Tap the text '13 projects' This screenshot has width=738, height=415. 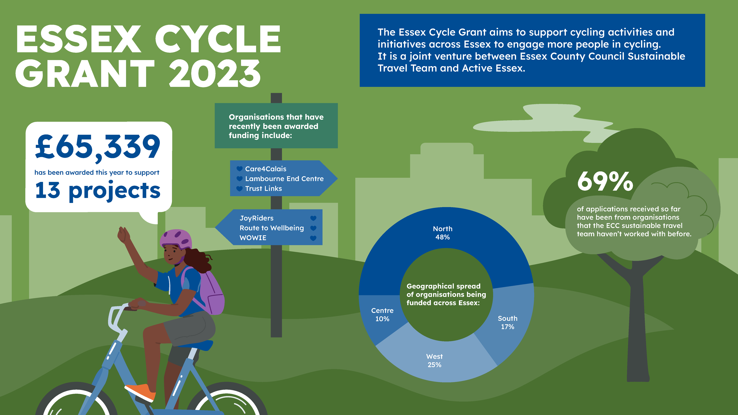pos(97,190)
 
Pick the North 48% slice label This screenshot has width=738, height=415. pos(443,233)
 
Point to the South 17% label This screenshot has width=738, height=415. pos(507,323)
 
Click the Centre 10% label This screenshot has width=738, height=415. pos(382,315)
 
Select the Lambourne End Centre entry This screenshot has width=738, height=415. pos(284,179)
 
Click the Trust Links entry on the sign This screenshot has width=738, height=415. pos(263,188)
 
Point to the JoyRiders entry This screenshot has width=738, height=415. pos(256,218)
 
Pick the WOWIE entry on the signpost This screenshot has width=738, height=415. pos(253,238)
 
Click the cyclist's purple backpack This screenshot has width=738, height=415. pos(211,292)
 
